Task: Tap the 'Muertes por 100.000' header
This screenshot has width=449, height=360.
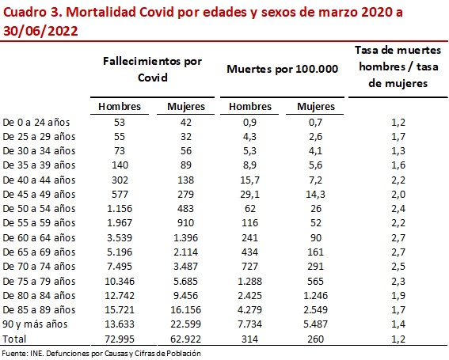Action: tap(283, 69)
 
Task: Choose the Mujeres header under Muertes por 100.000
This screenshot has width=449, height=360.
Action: tap(315, 107)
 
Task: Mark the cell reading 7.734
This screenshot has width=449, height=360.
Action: tap(249, 323)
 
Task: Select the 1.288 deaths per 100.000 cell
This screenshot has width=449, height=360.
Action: tap(249, 280)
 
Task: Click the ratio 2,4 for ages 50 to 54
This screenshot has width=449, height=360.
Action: tap(398, 208)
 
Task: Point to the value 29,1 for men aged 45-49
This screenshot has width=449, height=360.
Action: tap(249, 194)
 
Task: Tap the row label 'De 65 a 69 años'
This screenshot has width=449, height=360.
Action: tap(39, 251)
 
